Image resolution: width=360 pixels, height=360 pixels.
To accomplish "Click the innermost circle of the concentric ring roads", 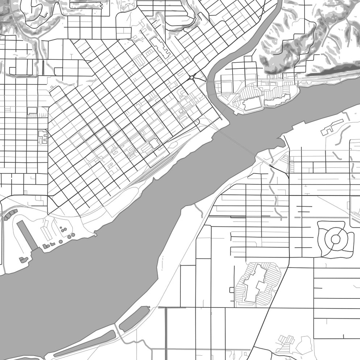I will pyautogui.click(x=335, y=239).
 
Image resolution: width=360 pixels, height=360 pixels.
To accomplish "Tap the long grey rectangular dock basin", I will pyautogui.click(x=27, y=235).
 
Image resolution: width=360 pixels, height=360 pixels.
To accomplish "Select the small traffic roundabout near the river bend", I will pyautogui.click(x=191, y=77).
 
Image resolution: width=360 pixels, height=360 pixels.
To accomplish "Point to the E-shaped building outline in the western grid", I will pyautogui.click(x=43, y=137).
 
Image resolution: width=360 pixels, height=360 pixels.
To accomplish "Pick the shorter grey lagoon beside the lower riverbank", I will pyautogui.click(x=134, y=319).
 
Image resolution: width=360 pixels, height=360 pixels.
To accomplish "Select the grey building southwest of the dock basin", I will pyautogui.click(x=24, y=259).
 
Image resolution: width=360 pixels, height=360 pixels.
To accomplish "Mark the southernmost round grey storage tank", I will pyautogui.click(x=61, y=242).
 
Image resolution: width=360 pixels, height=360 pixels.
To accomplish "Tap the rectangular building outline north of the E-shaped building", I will pyautogui.click(x=32, y=110).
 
